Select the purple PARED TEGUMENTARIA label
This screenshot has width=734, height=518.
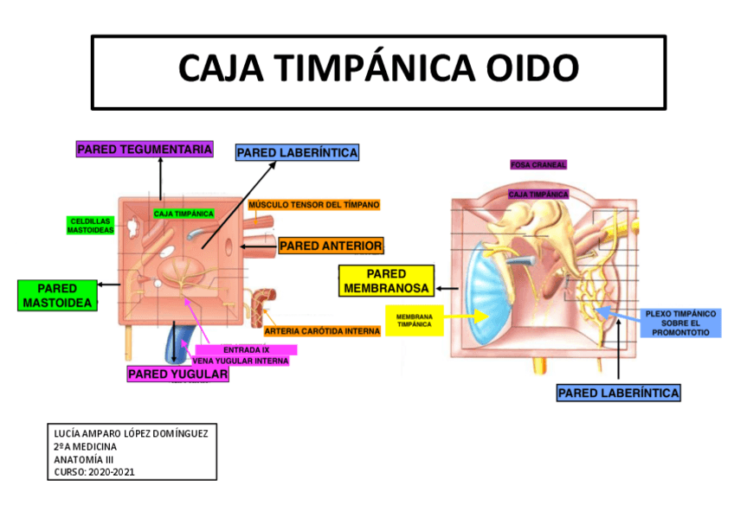[145, 150]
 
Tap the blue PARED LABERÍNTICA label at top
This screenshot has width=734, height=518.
[297, 153]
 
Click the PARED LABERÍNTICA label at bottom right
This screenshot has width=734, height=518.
[618, 393]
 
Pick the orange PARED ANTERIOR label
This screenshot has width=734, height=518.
[331, 246]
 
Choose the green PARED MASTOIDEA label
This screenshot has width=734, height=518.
[57, 296]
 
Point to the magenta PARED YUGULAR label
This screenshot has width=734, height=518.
[177, 374]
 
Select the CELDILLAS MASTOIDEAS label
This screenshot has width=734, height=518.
[91, 226]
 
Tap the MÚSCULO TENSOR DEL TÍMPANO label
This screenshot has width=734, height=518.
[314, 205]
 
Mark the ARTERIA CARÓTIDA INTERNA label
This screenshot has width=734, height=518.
[321, 331]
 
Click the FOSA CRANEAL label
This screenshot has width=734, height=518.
[538, 165]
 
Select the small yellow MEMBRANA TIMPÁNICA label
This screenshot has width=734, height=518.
[415, 321]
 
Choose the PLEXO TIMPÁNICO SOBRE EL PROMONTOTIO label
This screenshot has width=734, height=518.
[680, 323]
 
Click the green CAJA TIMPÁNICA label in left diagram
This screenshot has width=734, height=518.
[183, 213]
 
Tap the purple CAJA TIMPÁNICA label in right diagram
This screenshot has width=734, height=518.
[538, 195]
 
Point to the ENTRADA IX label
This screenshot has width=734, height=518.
[247, 349]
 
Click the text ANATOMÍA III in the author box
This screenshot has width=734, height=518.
[84, 459]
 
